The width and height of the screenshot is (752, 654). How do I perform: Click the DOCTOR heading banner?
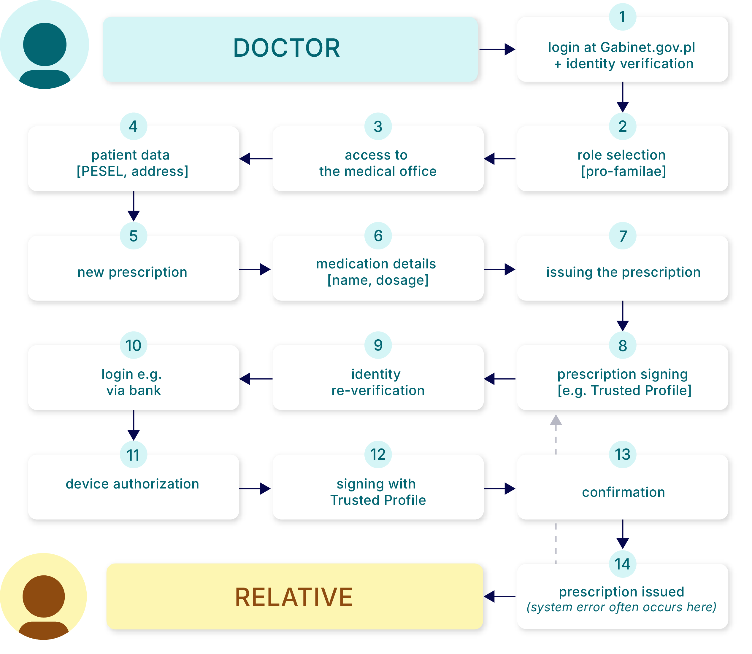click(x=290, y=49)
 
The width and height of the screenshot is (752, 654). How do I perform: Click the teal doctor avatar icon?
click(x=44, y=45)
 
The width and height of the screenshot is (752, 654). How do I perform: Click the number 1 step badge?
click(x=622, y=17)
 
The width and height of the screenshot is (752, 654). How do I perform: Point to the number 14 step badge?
click(x=622, y=564)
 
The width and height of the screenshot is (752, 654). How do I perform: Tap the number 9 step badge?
click(x=378, y=345)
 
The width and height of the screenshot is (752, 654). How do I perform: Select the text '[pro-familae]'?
click(x=624, y=171)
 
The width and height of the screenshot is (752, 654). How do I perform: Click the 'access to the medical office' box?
click(x=378, y=163)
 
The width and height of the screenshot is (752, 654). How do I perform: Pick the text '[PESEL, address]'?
click(x=133, y=171)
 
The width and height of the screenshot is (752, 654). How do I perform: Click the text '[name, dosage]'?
click(x=378, y=280)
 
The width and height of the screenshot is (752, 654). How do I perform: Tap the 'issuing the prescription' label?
click(x=623, y=272)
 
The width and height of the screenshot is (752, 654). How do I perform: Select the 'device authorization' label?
click(x=133, y=484)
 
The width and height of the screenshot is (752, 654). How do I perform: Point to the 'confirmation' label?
click(x=623, y=492)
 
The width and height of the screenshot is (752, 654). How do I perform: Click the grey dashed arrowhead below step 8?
click(x=556, y=421)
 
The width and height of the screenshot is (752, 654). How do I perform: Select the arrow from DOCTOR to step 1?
click(x=497, y=49)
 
